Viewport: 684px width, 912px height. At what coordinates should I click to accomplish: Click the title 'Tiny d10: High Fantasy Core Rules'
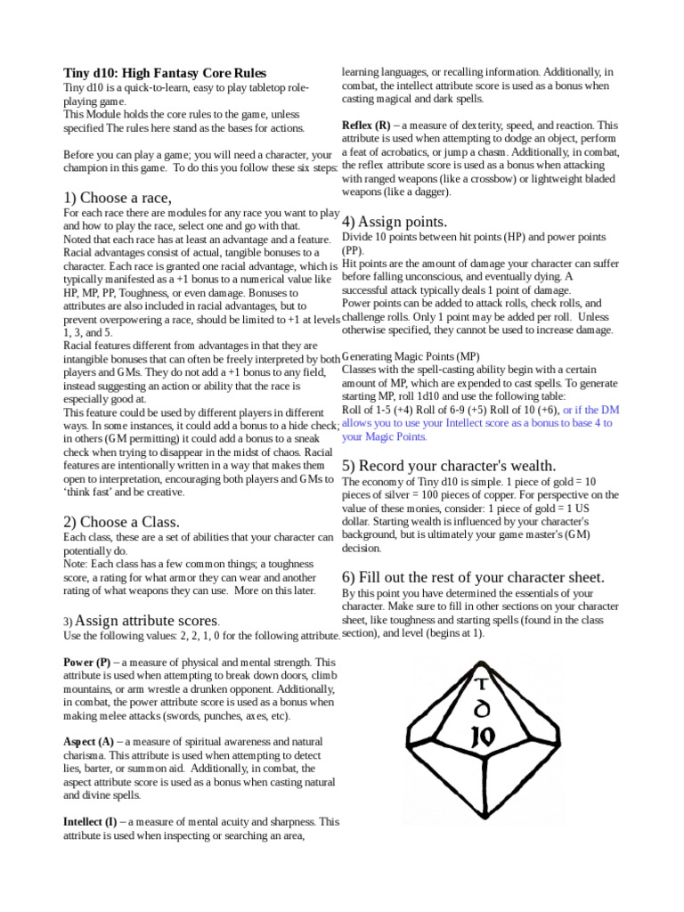coord(165,72)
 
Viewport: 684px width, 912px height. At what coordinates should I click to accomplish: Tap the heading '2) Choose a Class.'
coord(121,521)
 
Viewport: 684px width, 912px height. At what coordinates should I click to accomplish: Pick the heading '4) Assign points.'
coord(395,222)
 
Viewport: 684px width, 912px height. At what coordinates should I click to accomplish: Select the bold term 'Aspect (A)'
coord(89,741)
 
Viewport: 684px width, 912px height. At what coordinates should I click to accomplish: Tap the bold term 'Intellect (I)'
coord(92,821)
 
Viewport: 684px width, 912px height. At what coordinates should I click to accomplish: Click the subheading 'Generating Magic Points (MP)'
coord(418,356)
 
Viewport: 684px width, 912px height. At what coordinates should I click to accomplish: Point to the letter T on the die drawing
coord(482,684)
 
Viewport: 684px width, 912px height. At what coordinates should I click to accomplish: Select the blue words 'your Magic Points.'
coord(385,436)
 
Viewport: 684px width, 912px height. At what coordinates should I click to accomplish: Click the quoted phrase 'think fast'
coord(94,492)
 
